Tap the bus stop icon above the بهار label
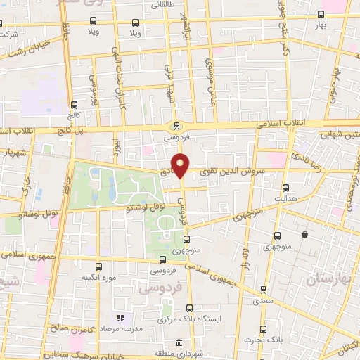click(x=321, y=14)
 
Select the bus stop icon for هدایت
click(x=285, y=188)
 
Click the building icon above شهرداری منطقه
click(x=179, y=342)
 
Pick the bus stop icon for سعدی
click(x=262, y=289)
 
